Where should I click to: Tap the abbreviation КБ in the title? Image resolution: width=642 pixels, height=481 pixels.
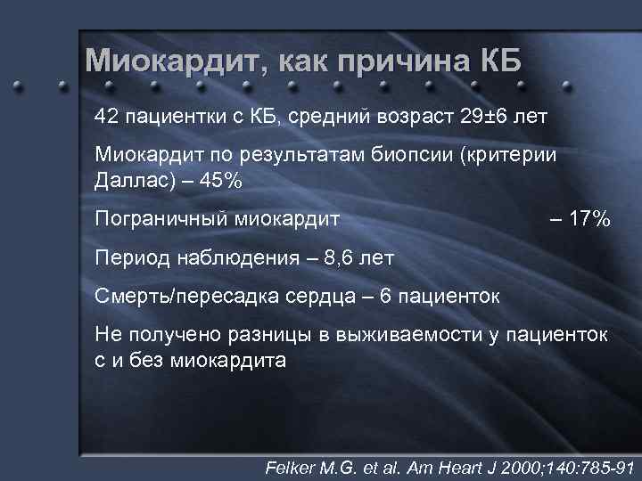pos(499,61)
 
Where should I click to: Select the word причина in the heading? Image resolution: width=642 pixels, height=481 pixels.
pos(409,61)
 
